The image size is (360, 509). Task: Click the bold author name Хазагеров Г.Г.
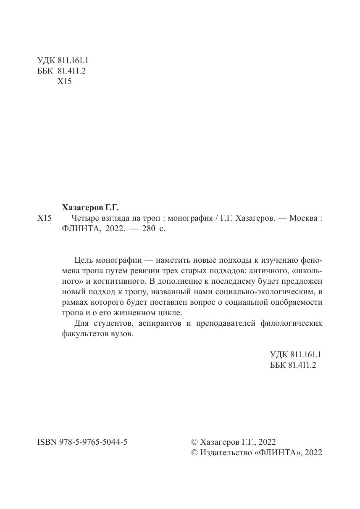90,207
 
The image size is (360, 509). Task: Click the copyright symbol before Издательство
194,452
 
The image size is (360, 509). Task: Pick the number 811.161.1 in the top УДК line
70,60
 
